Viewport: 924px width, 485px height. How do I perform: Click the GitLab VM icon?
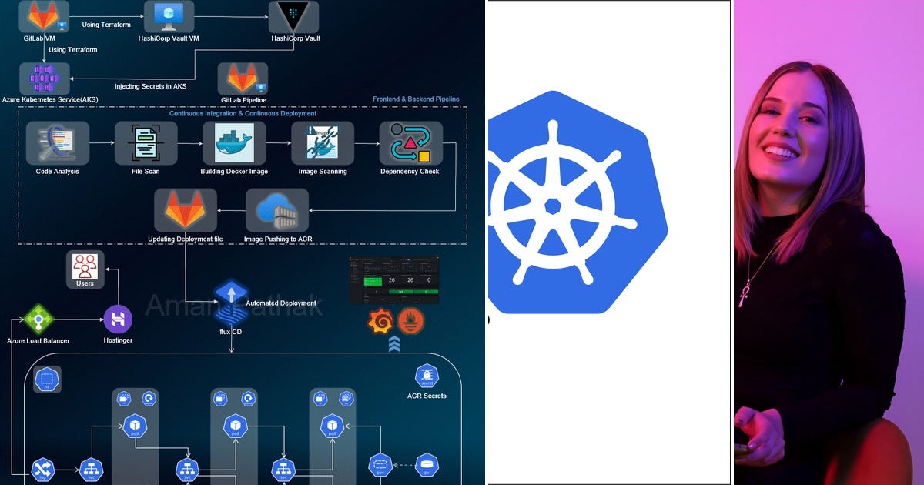(44, 15)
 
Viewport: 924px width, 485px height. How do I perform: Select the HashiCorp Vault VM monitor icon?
(169, 15)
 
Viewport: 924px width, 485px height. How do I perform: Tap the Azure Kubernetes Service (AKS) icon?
(44, 79)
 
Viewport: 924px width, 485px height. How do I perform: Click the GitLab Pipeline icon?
(243, 79)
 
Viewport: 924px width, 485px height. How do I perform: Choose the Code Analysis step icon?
(58, 143)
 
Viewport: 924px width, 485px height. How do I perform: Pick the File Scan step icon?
(146, 143)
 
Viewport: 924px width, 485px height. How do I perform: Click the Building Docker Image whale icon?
(234, 143)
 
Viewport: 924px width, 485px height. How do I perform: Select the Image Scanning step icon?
(323, 143)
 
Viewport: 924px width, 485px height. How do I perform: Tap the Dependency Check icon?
(410, 143)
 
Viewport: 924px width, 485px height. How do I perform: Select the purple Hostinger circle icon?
(118, 319)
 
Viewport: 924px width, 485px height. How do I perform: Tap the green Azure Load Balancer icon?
(38, 319)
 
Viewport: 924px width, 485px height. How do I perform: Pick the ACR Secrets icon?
(427, 376)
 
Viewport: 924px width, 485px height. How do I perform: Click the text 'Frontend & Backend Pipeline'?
(416, 99)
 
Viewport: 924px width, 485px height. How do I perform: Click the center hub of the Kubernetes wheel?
(552, 206)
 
